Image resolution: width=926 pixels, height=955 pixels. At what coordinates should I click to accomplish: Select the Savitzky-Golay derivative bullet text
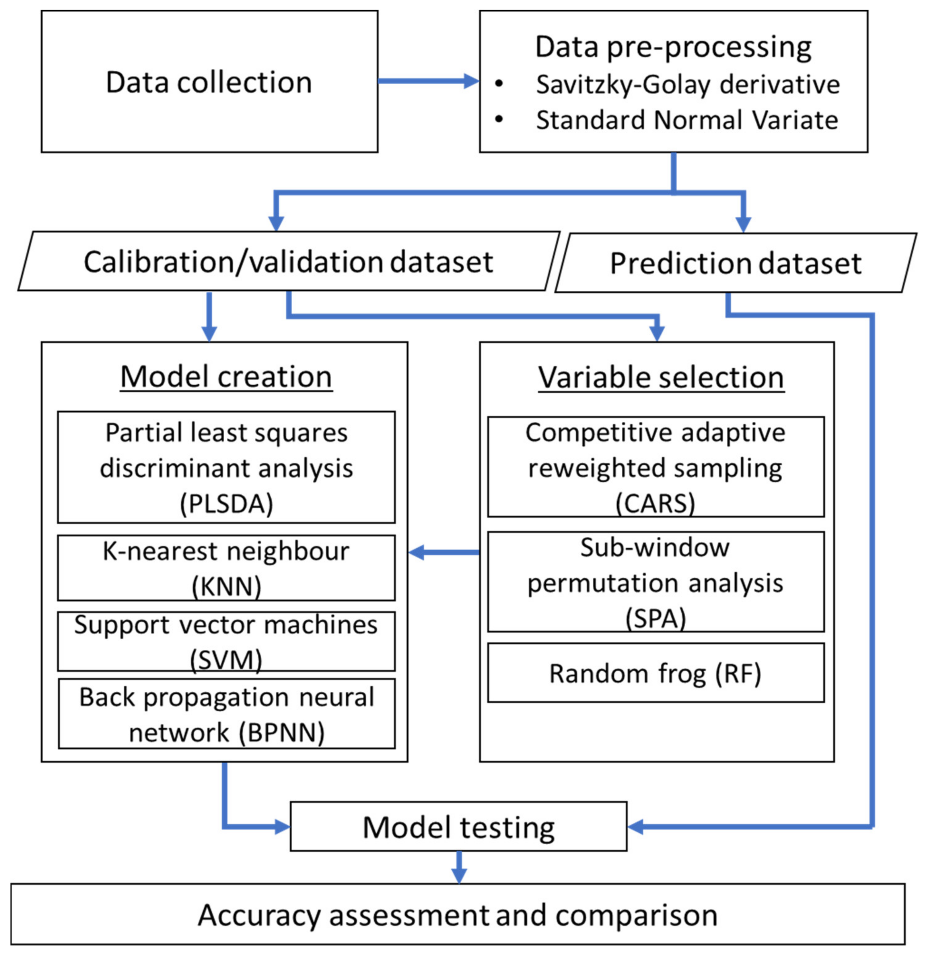pos(687,84)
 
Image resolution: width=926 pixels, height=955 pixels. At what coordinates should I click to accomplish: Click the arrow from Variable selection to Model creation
pos(443,552)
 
